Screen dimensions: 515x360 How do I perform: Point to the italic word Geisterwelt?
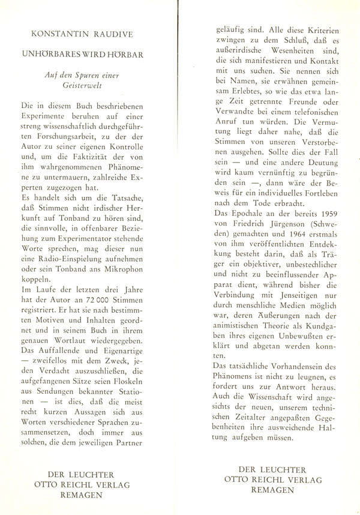pyautogui.click(x=90, y=86)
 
